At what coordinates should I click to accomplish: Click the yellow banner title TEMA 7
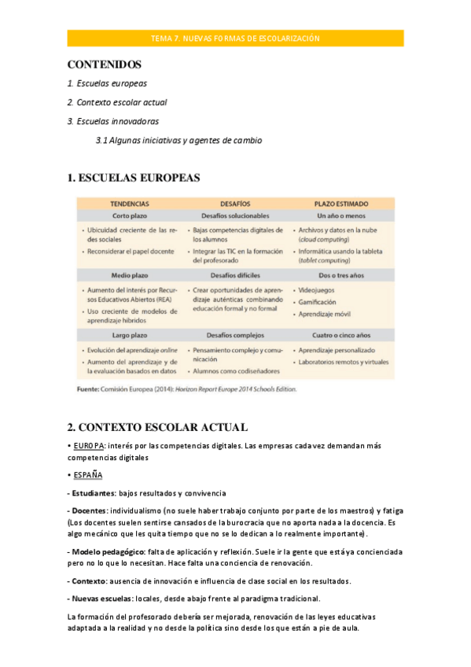tap(235, 39)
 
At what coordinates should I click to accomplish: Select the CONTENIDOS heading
tap(104, 64)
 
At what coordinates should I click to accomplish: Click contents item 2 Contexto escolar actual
tap(117, 102)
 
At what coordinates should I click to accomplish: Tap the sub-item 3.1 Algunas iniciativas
tap(178, 141)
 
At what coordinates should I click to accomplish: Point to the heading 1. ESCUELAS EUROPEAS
tap(134, 178)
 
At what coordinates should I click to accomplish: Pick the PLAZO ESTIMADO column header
tap(340, 203)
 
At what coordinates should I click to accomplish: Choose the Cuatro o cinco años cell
tap(340, 336)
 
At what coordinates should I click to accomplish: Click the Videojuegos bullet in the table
tap(317, 289)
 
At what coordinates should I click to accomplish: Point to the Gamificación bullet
tap(318, 301)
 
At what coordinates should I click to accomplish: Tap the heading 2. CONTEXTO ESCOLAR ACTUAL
tap(157, 427)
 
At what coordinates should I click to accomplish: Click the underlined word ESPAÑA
tap(87, 476)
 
